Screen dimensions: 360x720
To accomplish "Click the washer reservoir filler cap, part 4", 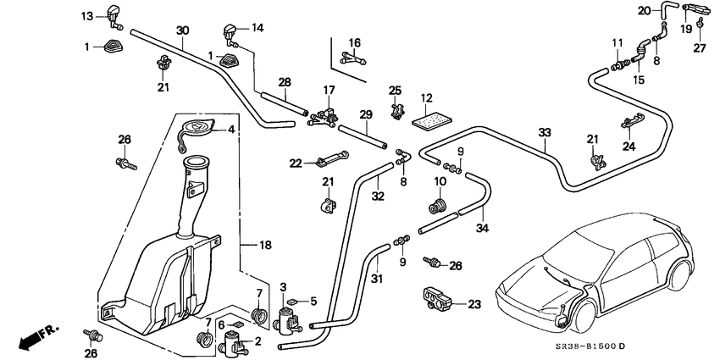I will click(x=198, y=131).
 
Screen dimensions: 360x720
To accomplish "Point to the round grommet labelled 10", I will click(x=439, y=206).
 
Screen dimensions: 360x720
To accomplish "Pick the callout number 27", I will click(x=700, y=47).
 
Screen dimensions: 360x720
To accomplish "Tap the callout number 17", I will click(x=329, y=90).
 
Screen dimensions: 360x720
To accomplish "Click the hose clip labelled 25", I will click(x=396, y=108).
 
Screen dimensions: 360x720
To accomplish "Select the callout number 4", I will click(x=231, y=130).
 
